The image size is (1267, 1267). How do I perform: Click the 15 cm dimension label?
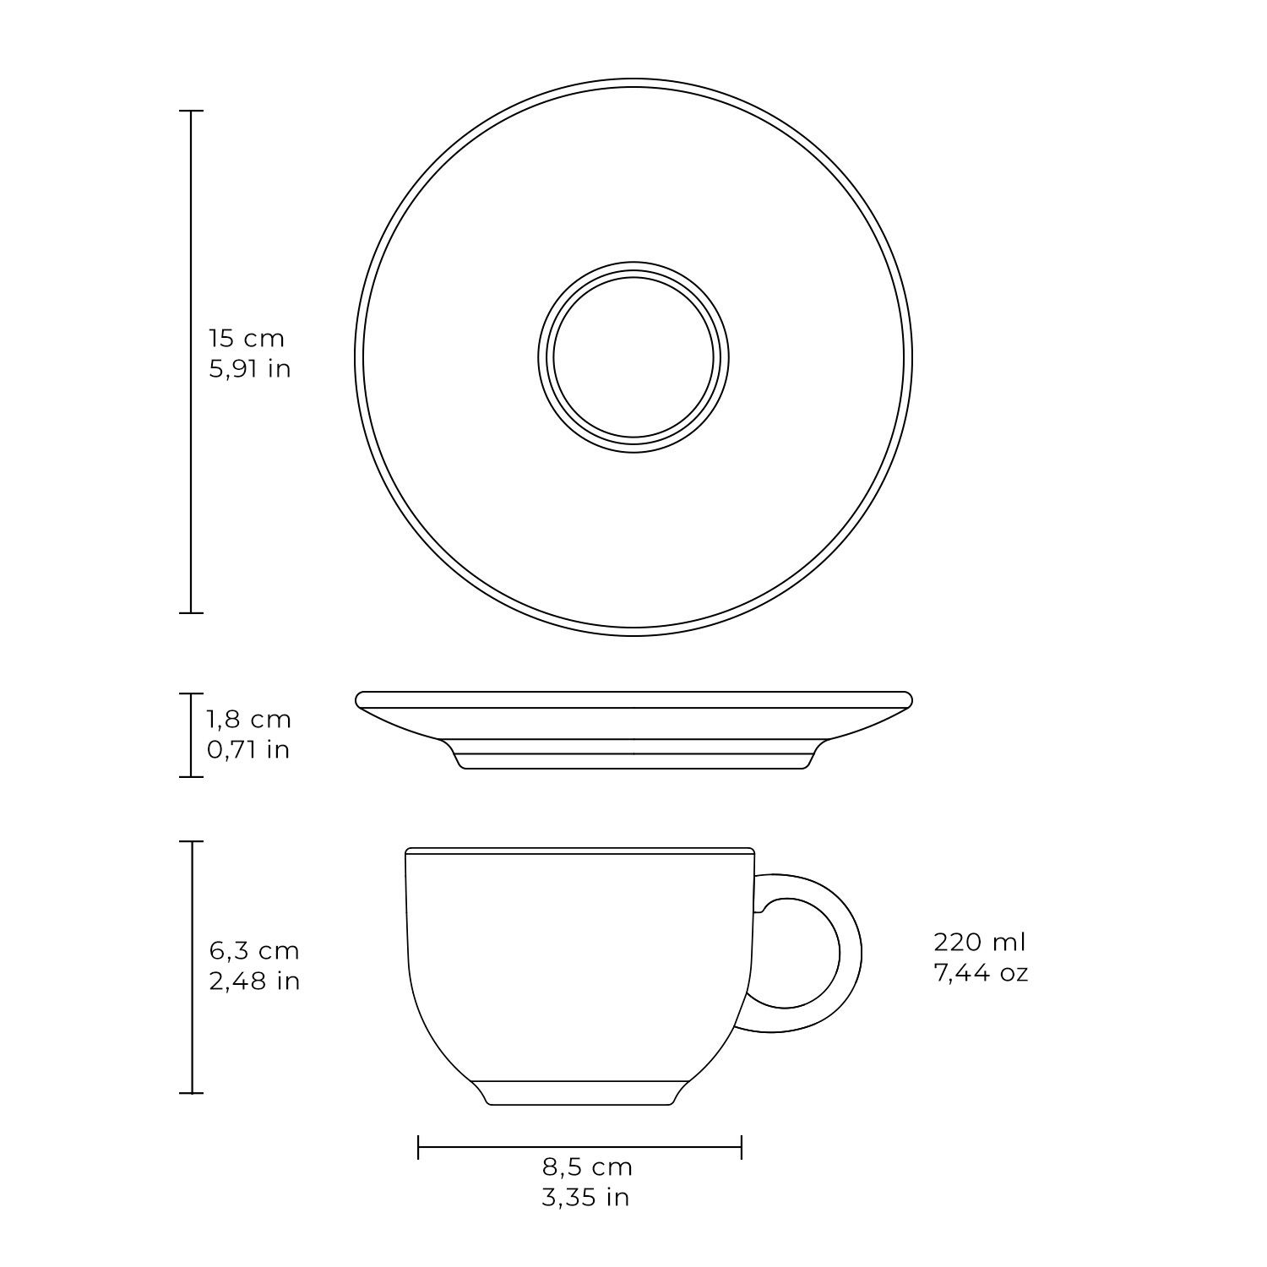[247, 339]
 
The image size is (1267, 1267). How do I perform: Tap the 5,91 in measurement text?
[250, 369]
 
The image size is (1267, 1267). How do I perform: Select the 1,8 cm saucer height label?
[249, 720]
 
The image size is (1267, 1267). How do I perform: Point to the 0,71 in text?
[249, 750]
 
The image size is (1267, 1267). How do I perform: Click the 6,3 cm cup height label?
[254, 951]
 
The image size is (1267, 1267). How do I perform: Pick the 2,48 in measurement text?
[255, 982]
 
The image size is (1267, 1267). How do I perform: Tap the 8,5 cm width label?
[587, 1167]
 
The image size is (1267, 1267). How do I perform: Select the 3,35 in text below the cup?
[586, 1198]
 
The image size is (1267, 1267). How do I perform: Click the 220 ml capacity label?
[980, 942]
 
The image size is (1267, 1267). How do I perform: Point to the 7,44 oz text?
[981, 972]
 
